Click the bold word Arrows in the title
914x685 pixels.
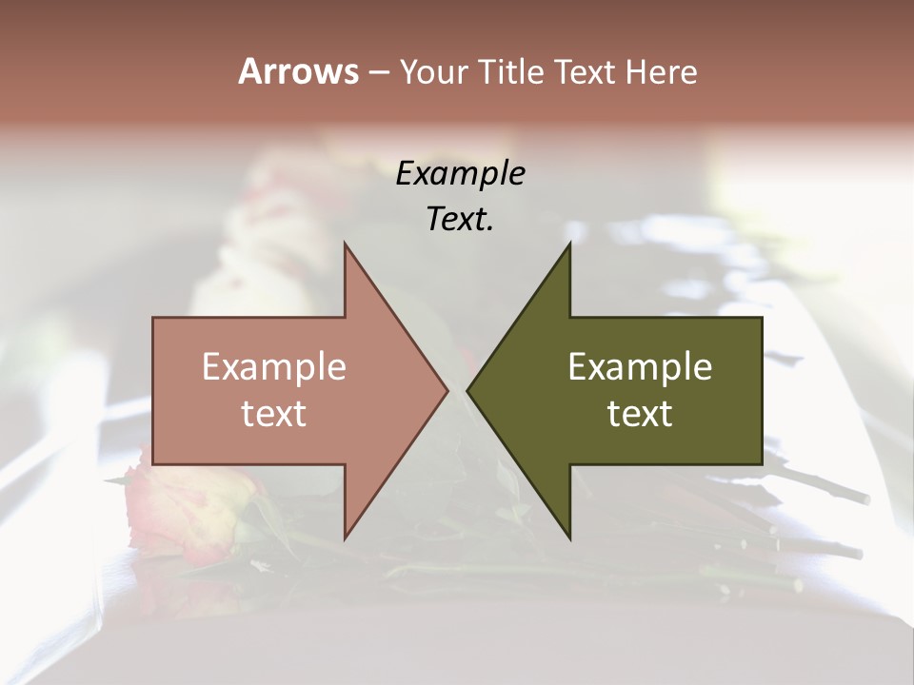pos(298,71)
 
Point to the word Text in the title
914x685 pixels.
pos(586,71)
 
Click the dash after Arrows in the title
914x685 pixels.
pos(378,73)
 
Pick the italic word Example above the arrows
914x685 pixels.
pos(460,174)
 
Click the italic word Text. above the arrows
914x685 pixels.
pos(460,220)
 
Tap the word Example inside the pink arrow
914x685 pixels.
pos(274,367)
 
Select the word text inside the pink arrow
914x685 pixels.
pos(274,414)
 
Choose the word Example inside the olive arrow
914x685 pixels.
pos(640,367)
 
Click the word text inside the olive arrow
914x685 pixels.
pos(640,414)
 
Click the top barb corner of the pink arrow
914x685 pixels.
pos(346,245)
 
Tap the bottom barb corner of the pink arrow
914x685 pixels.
pos(346,538)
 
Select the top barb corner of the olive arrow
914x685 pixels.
pos(569,245)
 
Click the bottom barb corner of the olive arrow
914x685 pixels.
pos(569,538)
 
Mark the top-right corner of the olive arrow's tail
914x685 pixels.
pos(762,318)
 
